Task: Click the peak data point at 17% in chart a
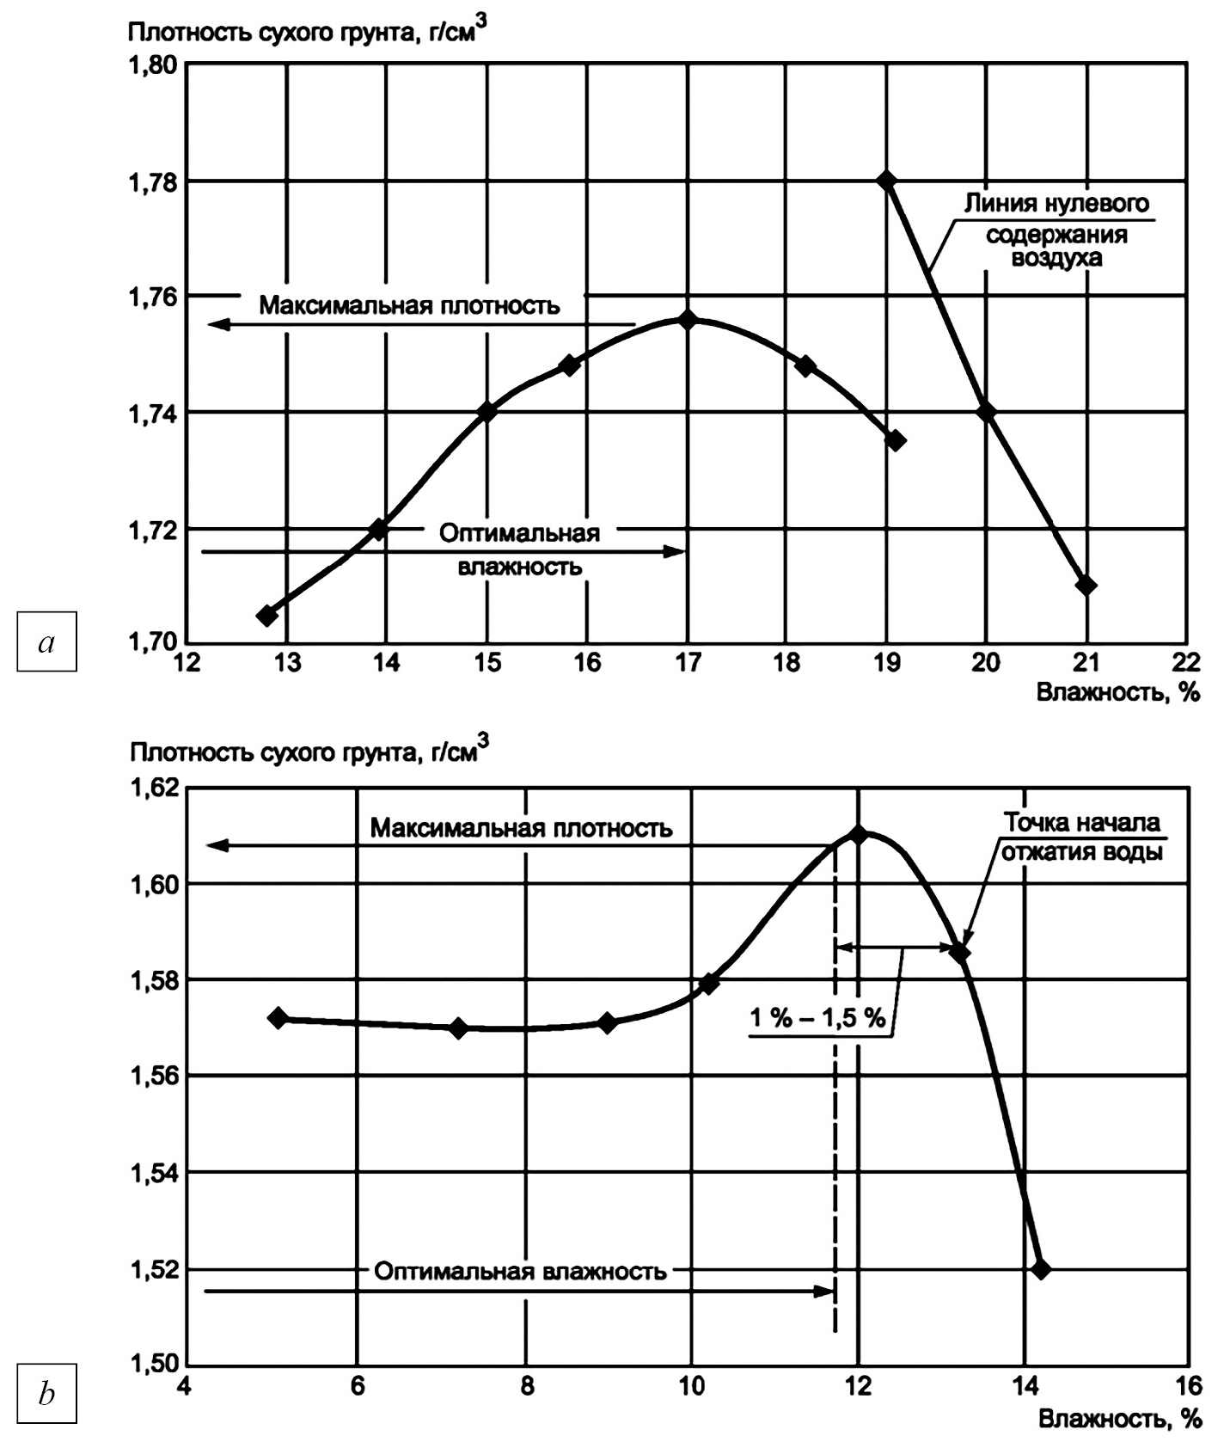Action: [687, 320]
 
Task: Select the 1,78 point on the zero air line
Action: [886, 181]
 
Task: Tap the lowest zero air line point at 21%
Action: [1086, 586]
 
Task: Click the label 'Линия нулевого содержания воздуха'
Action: [1056, 230]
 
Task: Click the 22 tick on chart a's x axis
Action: [1186, 663]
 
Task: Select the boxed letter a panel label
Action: [47, 641]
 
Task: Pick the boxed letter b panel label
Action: [47, 1393]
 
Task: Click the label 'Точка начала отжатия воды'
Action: [1082, 837]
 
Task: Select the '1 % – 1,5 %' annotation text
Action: [817, 1019]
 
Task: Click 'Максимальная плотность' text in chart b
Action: [521, 829]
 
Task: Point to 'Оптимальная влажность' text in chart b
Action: [520, 1272]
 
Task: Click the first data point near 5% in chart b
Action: [278, 1017]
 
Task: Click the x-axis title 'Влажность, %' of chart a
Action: [1117, 692]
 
